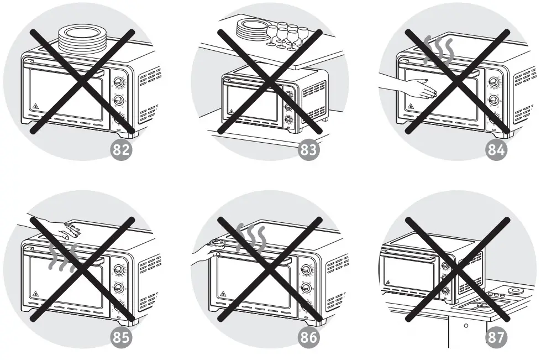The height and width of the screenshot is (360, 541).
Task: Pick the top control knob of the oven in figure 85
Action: point(118,269)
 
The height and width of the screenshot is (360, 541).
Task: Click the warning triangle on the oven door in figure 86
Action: point(223,294)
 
